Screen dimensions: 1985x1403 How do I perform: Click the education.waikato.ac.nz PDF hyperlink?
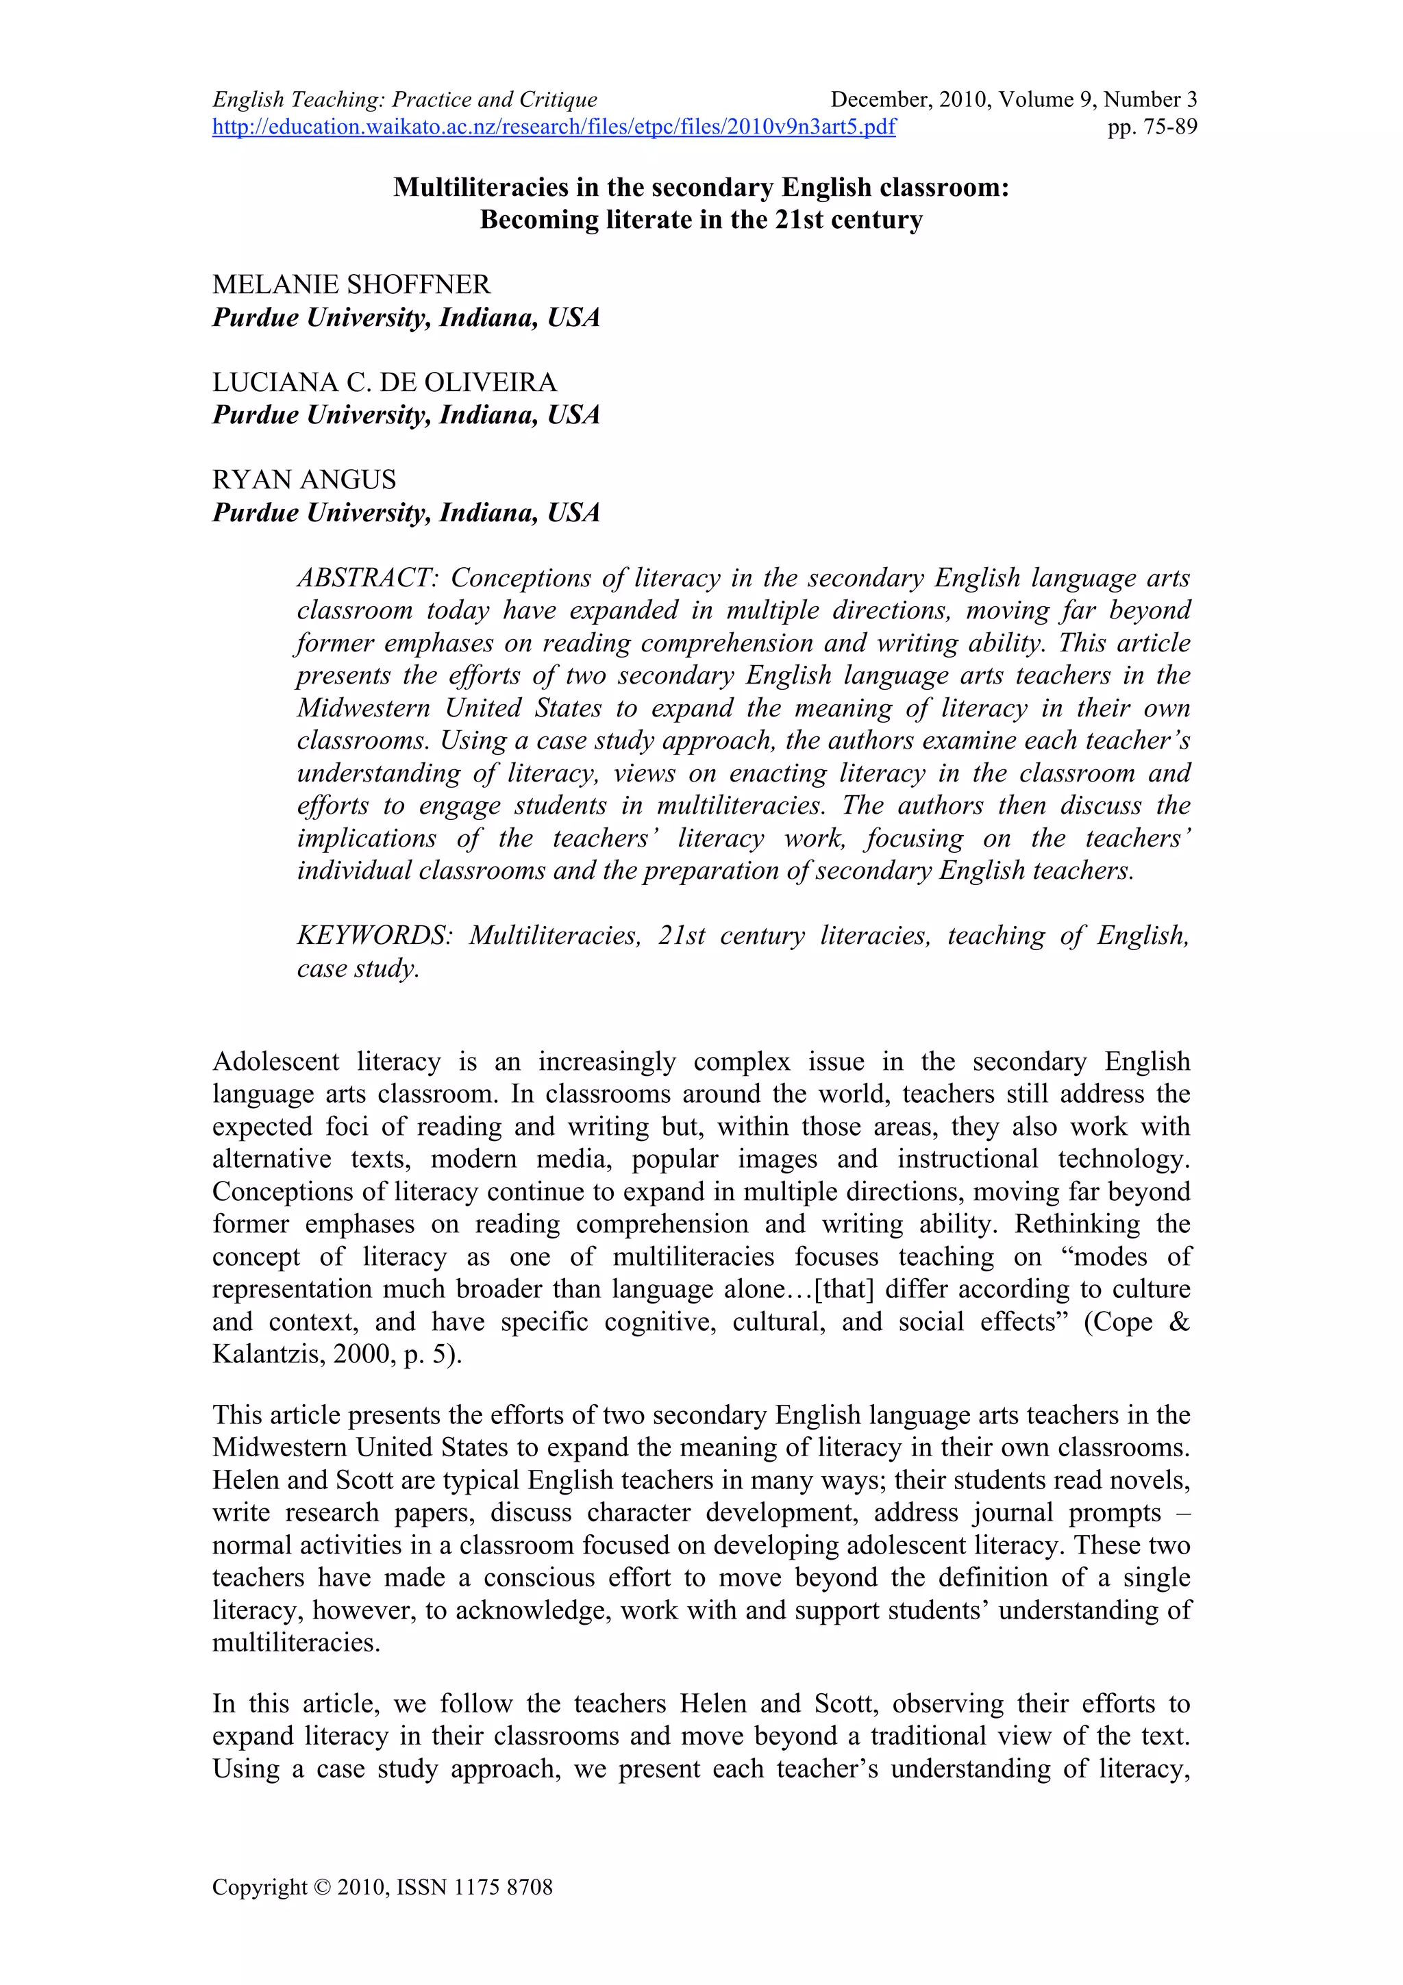point(554,128)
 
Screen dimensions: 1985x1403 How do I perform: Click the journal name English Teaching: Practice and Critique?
point(405,100)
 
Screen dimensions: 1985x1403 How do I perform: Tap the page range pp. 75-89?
point(1152,128)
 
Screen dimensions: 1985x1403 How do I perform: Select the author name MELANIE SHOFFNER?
point(351,284)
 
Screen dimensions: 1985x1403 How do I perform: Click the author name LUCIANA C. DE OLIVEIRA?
point(385,382)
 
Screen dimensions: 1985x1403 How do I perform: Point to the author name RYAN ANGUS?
point(304,480)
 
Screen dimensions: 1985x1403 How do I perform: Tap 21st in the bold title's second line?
point(799,220)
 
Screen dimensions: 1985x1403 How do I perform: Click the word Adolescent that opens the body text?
point(277,1062)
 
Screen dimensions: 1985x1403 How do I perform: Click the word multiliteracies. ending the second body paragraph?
point(297,1643)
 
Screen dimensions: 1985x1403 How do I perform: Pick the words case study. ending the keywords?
point(358,969)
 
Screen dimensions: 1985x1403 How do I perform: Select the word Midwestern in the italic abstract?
point(363,708)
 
